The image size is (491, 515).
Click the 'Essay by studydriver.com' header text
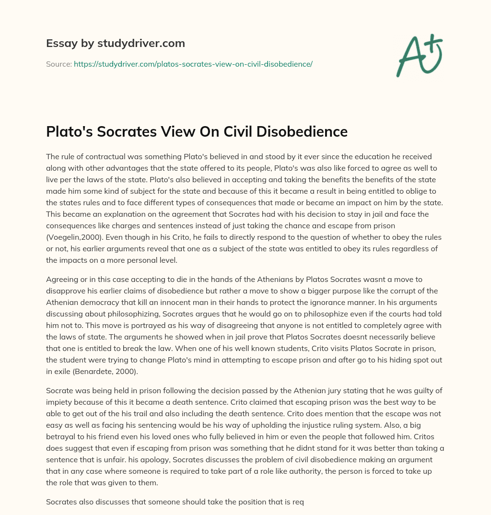coord(115,44)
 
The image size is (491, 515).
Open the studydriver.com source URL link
coord(193,64)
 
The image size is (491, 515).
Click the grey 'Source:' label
coord(58,64)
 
